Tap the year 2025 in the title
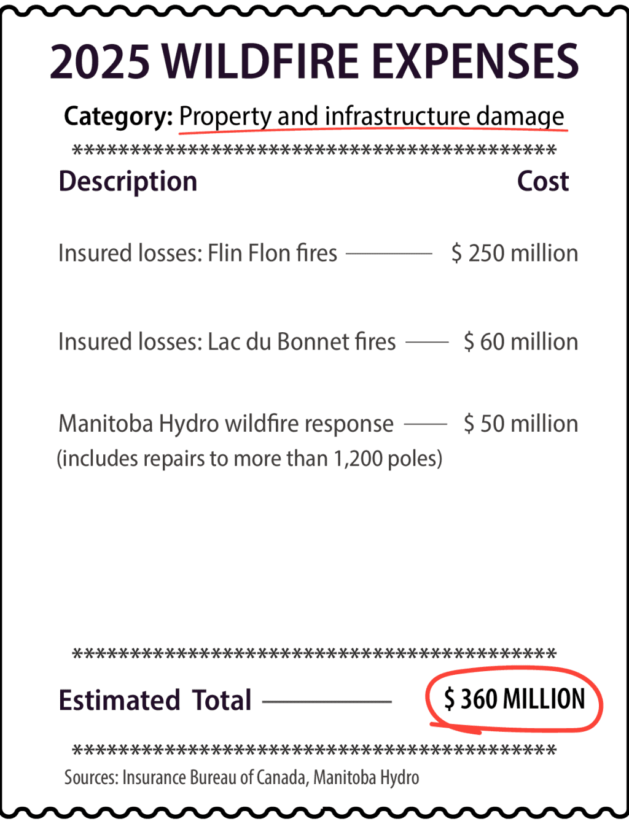click(x=100, y=61)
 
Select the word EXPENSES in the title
click(x=475, y=61)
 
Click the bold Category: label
click(x=118, y=116)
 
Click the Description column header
click(x=128, y=181)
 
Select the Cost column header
click(x=543, y=181)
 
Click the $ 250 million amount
click(x=515, y=253)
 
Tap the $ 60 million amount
click(x=521, y=341)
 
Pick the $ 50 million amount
click(x=521, y=424)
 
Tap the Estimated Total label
click(x=155, y=700)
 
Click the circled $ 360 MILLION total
click(x=515, y=699)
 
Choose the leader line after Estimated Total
click(x=327, y=701)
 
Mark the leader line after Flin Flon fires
click(x=389, y=254)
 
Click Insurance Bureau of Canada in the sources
click(x=214, y=777)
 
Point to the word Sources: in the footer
click(x=91, y=777)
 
